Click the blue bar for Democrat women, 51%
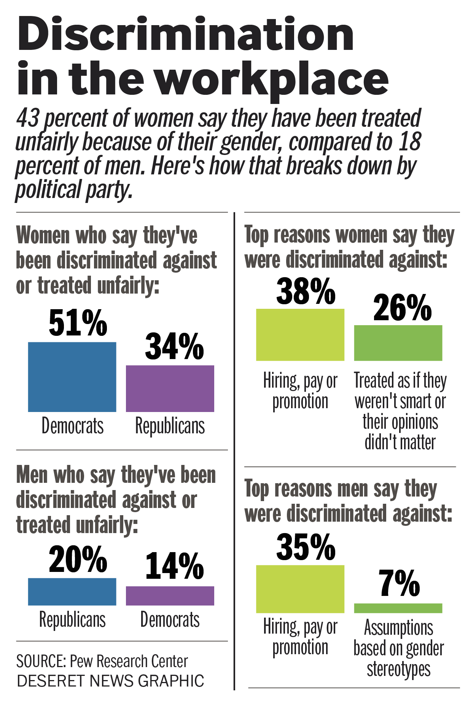[x=72, y=377]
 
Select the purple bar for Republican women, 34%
[x=170, y=388]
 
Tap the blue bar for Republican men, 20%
[x=72, y=591]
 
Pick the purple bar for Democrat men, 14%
[x=170, y=596]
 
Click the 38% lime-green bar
[x=300, y=334]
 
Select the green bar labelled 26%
[x=398, y=343]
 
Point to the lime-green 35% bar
[x=300, y=589]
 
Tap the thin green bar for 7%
[x=398, y=608]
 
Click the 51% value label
[x=78, y=323]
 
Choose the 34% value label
[x=174, y=346]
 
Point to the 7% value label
[x=399, y=583]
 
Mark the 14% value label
[x=174, y=566]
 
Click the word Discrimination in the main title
[x=186, y=34]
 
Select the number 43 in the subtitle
[x=28, y=118]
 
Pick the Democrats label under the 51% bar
[x=72, y=426]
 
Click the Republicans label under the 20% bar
[x=72, y=620]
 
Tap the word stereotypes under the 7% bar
[x=398, y=669]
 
